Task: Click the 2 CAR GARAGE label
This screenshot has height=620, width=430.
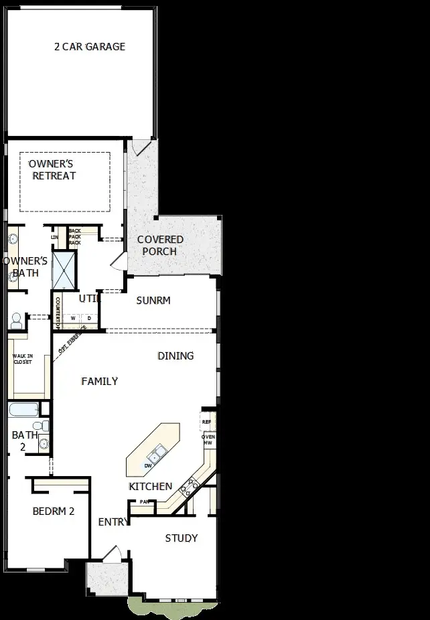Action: (x=90, y=47)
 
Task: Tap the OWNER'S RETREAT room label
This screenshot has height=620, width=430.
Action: (x=52, y=169)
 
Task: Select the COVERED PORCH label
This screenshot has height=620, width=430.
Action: (x=160, y=245)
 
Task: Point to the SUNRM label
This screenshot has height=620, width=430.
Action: (x=153, y=301)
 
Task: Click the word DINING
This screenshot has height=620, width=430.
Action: (x=175, y=356)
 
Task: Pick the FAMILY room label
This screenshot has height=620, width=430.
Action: (x=99, y=381)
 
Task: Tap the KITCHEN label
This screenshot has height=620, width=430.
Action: (x=151, y=486)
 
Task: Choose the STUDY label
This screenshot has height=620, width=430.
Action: (x=182, y=538)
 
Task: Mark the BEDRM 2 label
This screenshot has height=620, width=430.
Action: (x=53, y=511)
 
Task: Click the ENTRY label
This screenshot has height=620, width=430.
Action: (x=113, y=522)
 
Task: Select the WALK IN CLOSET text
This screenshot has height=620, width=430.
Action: (x=22, y=359)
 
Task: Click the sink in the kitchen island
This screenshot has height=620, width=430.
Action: (x=157, y=455)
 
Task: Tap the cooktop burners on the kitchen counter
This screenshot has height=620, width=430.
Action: (x=189, y=487)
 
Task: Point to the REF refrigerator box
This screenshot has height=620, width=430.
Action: (x=207, y=422)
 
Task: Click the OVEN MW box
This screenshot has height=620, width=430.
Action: (x=208, y=439)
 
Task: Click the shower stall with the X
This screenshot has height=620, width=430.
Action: (x=64, y=270)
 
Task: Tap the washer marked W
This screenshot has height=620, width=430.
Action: (x=73, y=317)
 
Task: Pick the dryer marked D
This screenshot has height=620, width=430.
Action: (x=88, y=317)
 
